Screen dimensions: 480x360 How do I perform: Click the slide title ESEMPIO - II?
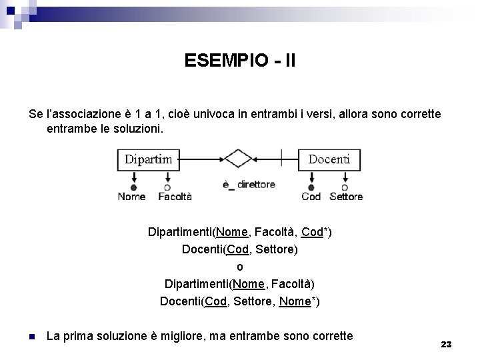pos(240,61)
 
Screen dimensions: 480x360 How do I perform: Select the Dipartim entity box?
pos(148,159)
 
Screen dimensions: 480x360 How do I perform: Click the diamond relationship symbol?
pos(237,159)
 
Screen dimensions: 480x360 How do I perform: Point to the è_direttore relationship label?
pos(248,185)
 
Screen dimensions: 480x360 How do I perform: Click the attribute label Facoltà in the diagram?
pos(175,197)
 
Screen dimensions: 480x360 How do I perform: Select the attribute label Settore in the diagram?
pos(346,197)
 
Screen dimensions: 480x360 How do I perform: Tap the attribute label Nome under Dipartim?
pos(131,197)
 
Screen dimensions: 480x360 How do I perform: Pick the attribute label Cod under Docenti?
pos(311,197)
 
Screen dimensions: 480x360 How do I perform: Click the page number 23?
pos(446,344)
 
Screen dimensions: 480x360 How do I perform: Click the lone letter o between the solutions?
pos(240,267)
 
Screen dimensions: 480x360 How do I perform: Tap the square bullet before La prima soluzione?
pos(32,337)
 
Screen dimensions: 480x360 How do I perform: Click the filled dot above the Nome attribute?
pos(133,187)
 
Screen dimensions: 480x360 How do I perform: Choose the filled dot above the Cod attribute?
pos(311,187)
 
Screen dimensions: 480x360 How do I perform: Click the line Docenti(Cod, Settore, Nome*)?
pos(240,301)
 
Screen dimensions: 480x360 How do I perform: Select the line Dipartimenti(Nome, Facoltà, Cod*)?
pos(240,232)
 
